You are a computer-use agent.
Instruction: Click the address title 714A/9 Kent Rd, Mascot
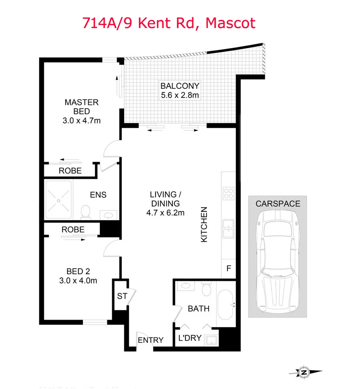coord(169,23)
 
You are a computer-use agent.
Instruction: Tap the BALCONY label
coord(180,86)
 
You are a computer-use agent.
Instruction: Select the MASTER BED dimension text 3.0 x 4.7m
coord(81,121)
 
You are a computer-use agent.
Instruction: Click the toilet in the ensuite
coord(86,211)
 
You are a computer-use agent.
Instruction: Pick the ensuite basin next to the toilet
coord(107,215)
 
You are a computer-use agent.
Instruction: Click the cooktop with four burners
coord(229,194)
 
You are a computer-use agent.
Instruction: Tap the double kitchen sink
coord(229,228)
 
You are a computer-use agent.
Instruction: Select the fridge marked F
coord(228,268)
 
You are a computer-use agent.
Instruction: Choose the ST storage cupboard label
coord(122,296)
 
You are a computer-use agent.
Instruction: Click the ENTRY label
coord(150,340)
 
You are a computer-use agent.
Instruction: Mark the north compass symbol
coord(305,372)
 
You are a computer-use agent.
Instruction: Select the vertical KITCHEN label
coord(204,224)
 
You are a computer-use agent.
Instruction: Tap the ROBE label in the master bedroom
coord(70,171)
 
